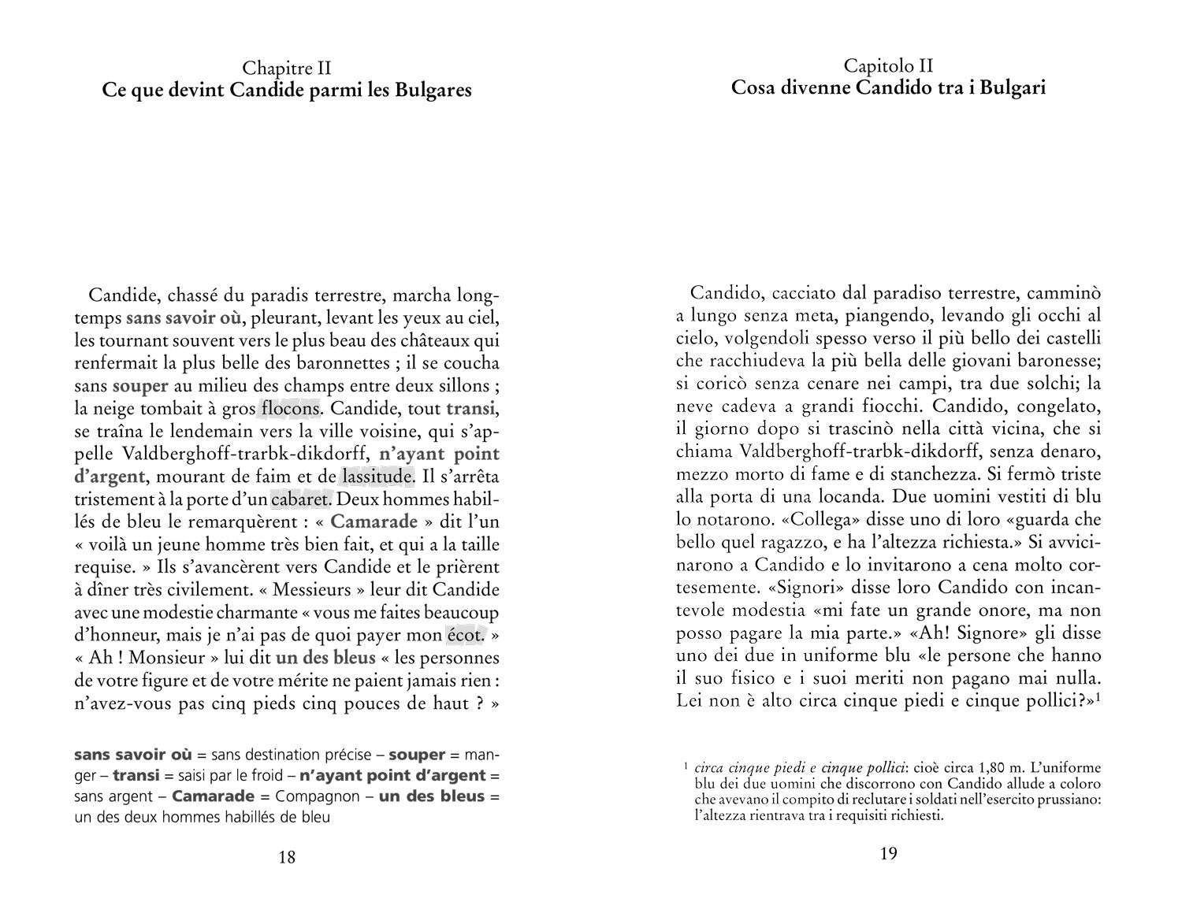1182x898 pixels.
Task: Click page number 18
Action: (x=287, y=857)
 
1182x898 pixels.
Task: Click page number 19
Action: (x=888, y=854)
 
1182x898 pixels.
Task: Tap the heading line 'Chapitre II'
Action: (x=287, y=69)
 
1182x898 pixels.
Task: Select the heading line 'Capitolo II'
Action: (x=888, y=65)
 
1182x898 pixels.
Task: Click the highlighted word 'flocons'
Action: (x=289, y=409)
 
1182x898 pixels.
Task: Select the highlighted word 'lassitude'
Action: (x=377, y=477)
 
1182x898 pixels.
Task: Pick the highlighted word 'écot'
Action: (x=464, y=635)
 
